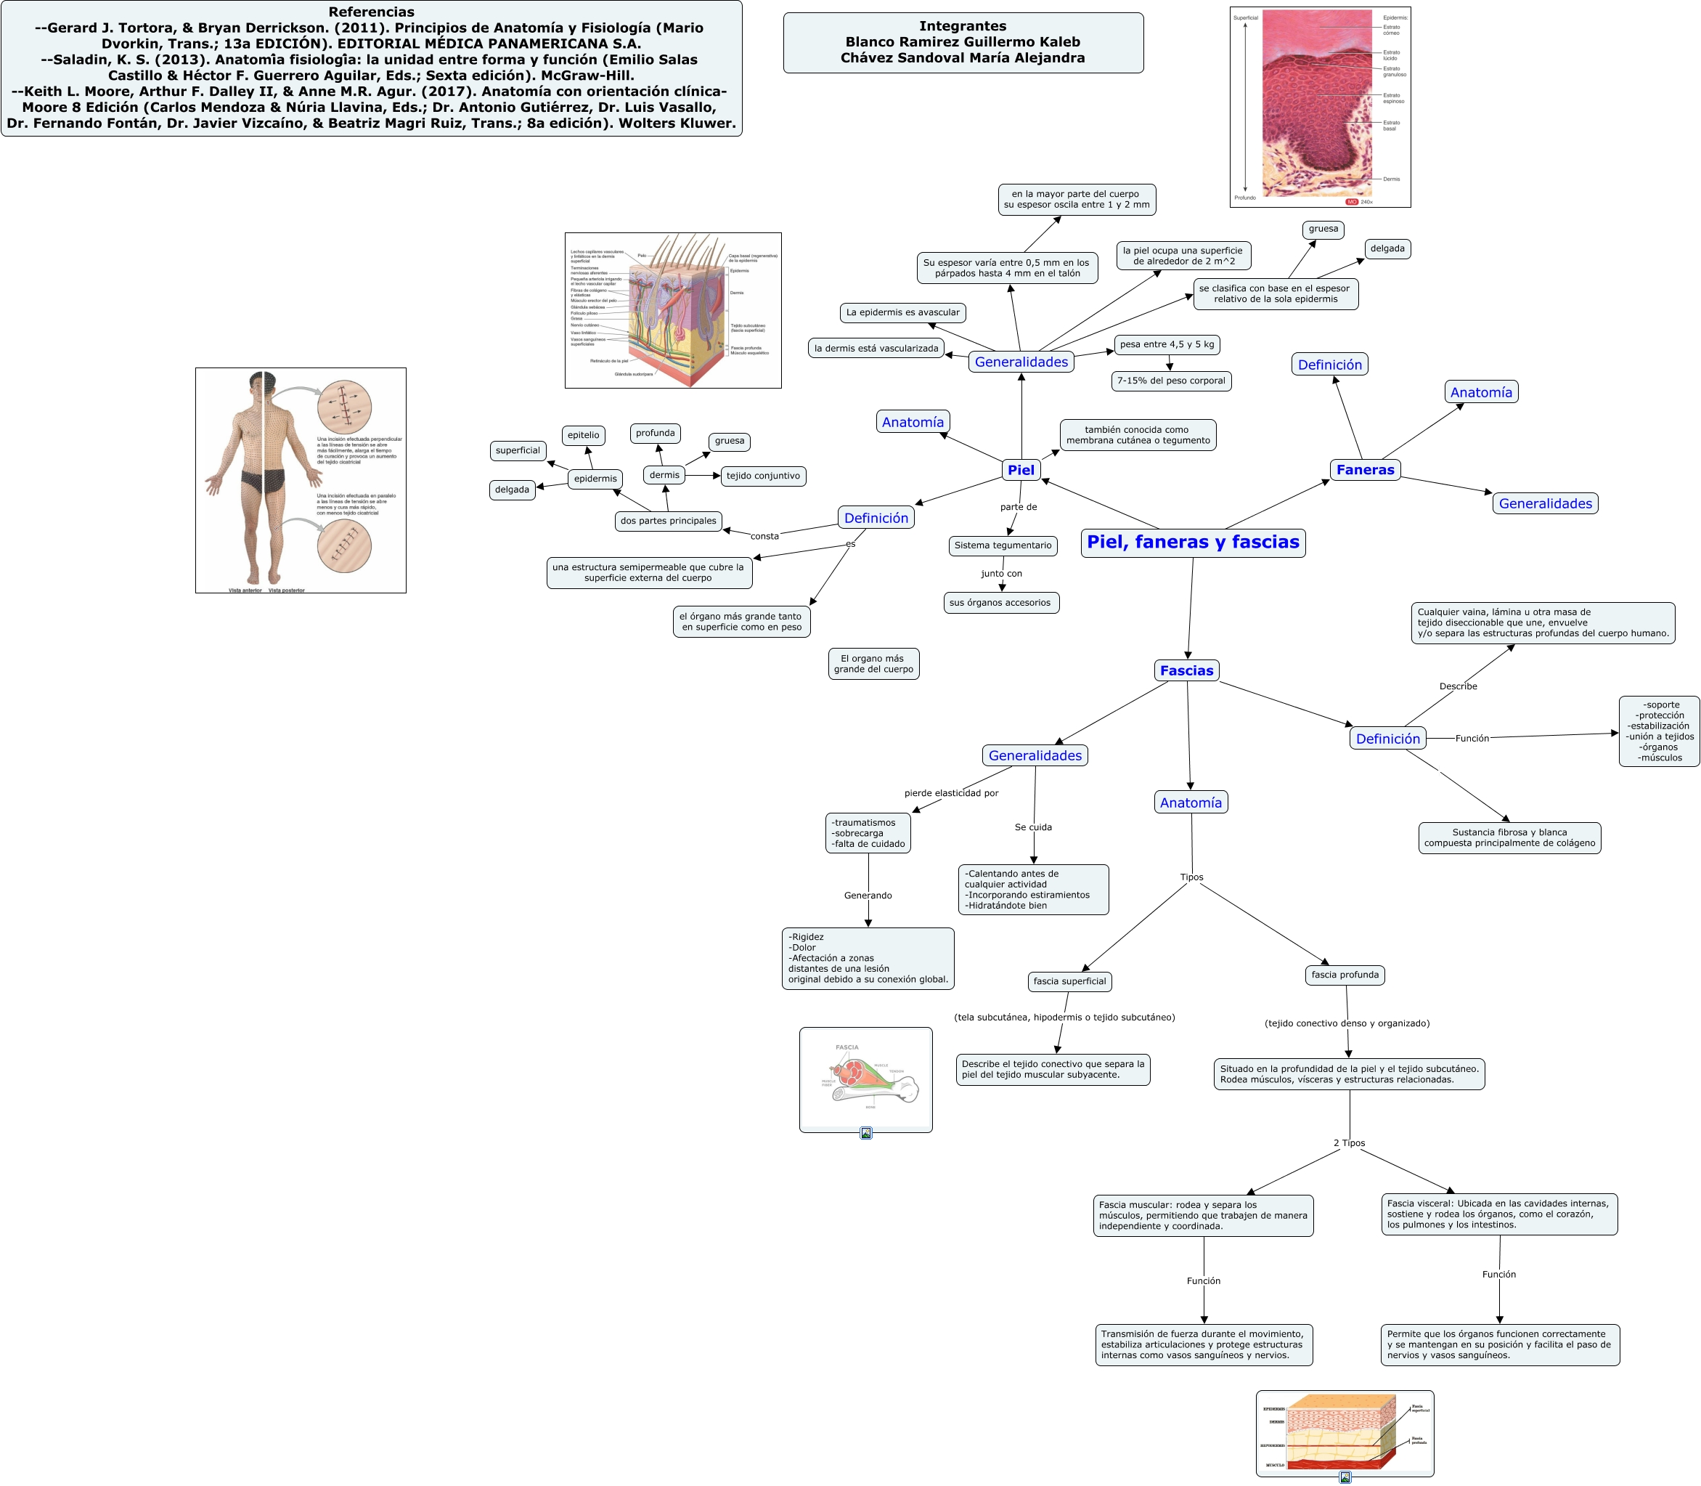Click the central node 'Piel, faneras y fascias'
point(1192,543)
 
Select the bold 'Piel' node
point(1021,470)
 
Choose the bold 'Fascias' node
point(1186,671)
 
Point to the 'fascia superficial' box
point(1069,982)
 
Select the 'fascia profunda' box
point(1345,975)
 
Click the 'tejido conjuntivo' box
point(762,476)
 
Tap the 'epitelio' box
point(584,435)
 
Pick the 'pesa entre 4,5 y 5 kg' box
point(1167,344)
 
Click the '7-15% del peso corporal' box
point(1170,381)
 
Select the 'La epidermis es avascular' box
point(902,312)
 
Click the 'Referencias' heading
point(372,12)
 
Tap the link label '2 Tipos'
point(1349,1143)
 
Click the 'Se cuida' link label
point(1033,827)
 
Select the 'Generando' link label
point(868,896)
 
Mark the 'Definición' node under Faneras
point(1329,365)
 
